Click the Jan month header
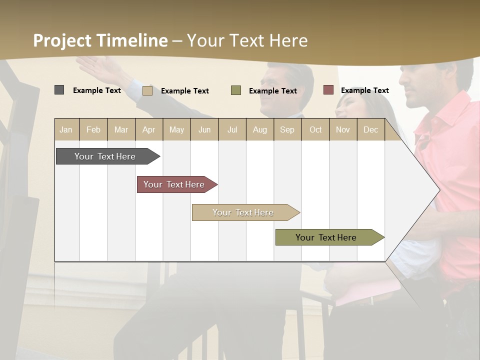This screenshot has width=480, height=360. click(66, 129)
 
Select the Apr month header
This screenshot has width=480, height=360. click(149, 129)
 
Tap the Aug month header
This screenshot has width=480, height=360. click(260, 129)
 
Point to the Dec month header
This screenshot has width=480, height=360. click(370, 129)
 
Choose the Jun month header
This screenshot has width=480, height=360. click(204, 129)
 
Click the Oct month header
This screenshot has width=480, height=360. click(315, 129)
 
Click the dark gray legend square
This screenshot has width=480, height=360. click(59, 90)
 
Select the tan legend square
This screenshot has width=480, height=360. click(147, 90)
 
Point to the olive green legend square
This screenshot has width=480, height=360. click(236, 90)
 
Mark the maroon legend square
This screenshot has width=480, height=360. click(328, 90)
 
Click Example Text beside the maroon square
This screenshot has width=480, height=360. click(364, 90)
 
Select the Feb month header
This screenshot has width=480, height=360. click(93, 129)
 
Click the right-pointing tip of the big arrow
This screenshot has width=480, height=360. click(438, 190)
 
